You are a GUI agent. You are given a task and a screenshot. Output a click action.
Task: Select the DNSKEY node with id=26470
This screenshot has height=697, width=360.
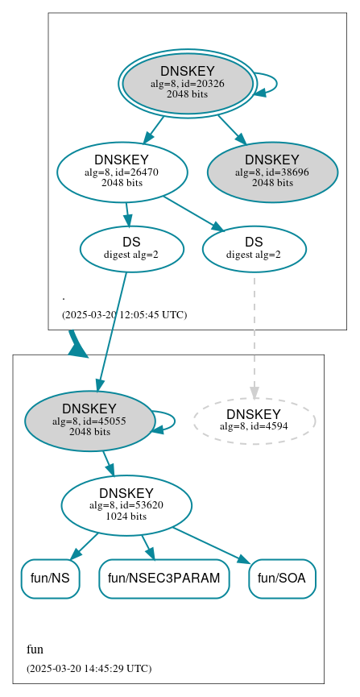click(x=122, y=172)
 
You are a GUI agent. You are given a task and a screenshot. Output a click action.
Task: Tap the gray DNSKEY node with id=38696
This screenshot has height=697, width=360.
click(x=272, y=172)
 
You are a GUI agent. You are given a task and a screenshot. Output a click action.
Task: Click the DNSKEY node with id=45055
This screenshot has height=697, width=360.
click(x=89, y=421)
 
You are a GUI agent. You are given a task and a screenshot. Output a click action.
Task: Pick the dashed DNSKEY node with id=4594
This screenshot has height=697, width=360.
click(x=254, y=420)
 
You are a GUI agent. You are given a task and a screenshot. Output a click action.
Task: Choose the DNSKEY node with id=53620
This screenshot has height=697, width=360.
click(x=126, y=505)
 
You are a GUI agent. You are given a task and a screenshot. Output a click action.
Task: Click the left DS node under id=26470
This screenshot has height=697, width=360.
click(x=131, y=249)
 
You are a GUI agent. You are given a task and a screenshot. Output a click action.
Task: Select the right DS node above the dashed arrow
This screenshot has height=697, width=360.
click(x=254, y=249)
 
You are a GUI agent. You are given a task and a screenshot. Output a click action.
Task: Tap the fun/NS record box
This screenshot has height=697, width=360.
click(x=50, y=579)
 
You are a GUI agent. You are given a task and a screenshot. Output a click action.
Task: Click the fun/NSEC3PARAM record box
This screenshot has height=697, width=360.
click(x=164, y=579)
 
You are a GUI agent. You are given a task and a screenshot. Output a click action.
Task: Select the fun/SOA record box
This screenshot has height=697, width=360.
click(x=282, y=579)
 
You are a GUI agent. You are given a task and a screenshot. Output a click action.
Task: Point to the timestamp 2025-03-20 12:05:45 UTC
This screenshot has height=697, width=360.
click(x=124, y=314)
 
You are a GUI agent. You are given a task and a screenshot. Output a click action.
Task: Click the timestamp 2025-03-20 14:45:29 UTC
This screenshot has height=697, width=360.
click(x=89, y=668)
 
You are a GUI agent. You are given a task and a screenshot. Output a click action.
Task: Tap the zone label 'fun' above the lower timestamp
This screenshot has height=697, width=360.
click(x=35, y=649)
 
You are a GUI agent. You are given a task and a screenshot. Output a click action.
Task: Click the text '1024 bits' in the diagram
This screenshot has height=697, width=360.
click(x=126, y=516)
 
